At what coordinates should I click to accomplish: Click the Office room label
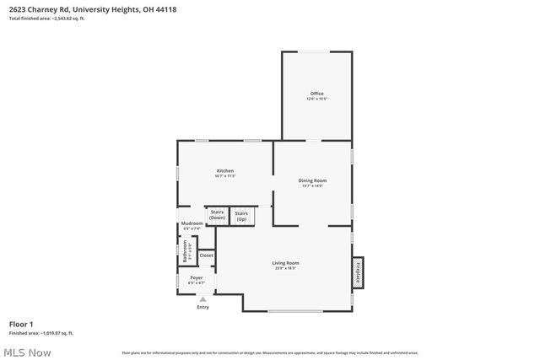click(316, 93)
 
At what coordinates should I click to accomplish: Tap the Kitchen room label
click(225, 171)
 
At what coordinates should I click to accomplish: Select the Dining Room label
click(312, 180)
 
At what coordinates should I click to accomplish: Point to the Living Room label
click(285, 263)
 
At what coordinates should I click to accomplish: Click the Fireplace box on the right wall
click(358, 271)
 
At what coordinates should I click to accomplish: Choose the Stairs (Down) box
click(217, 215)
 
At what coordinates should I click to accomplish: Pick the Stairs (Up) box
click(241, 215)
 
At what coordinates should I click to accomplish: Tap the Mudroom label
click(192, 223)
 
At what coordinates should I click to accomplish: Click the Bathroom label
click(186, 250)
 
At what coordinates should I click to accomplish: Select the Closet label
click(206, 255)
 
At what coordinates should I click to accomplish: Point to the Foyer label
click(196, 277)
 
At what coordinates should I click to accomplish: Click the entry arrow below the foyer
click(202, 298)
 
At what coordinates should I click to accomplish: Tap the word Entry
click(202, 307)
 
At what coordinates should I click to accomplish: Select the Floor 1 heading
click(21, 324)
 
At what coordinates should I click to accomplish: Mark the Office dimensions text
click(316, 99)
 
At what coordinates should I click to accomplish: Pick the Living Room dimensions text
click(285, 269)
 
